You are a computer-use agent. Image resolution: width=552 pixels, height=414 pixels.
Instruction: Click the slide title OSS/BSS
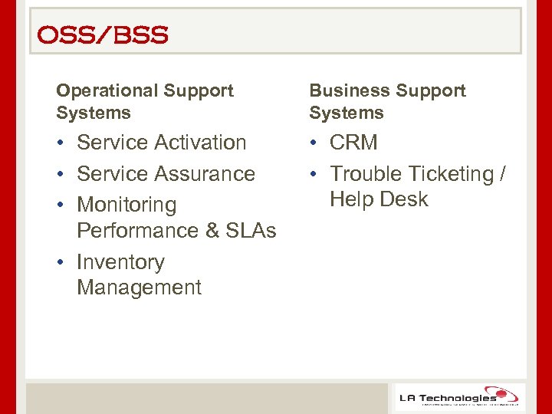(102, 35)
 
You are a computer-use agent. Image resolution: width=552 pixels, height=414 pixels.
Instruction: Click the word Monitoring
(127, 205)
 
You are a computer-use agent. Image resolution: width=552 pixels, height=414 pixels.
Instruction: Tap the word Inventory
(120, 262)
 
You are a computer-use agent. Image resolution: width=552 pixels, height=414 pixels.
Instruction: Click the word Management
(139, 287)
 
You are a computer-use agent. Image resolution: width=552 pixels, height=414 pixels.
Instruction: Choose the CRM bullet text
(353, 143)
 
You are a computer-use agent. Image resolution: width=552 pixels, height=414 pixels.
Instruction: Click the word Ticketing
(451, 174)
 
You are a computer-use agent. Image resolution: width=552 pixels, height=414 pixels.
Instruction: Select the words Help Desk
(379, 199)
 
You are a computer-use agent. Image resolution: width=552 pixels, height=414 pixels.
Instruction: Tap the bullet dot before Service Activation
(61, 143)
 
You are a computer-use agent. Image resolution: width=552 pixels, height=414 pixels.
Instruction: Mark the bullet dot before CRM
(314, 143)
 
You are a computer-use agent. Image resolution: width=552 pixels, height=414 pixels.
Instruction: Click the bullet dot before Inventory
(61, 263)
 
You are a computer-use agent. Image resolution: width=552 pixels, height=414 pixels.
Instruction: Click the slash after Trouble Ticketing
(502, 174)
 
